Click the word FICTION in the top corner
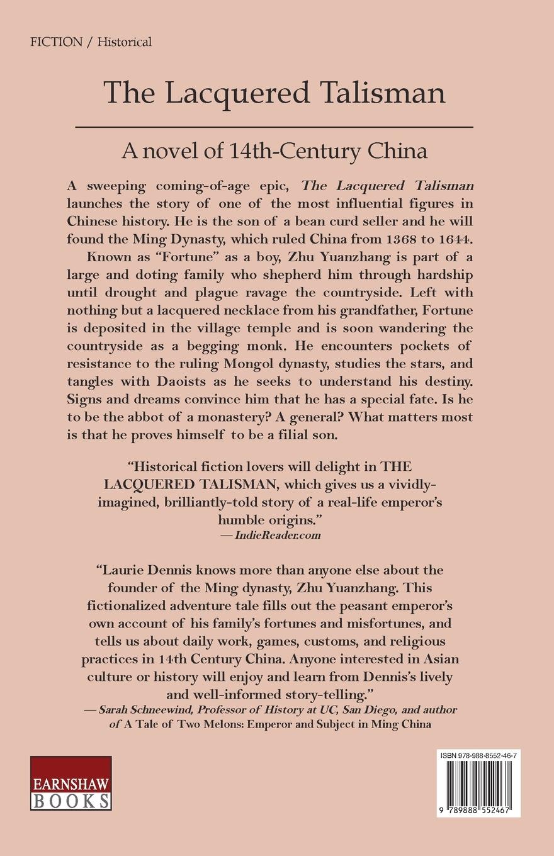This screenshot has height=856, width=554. pyautogui.click(x=56, y=42)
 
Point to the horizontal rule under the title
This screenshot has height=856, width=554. pyautogui.click(x=274, y=128)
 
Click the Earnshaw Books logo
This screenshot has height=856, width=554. pyautogui.click(x=71, y=782)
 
